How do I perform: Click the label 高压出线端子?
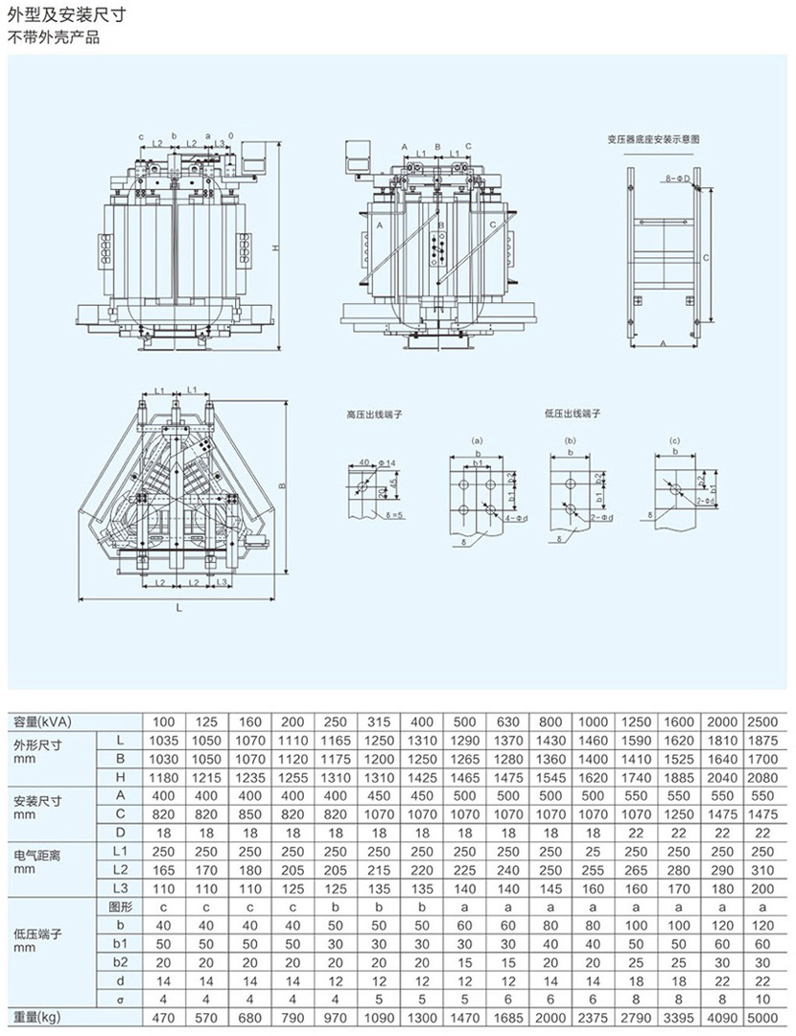click(375, 415)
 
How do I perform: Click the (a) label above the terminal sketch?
click(477, 440)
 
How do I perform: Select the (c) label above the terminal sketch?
click(675, 440)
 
